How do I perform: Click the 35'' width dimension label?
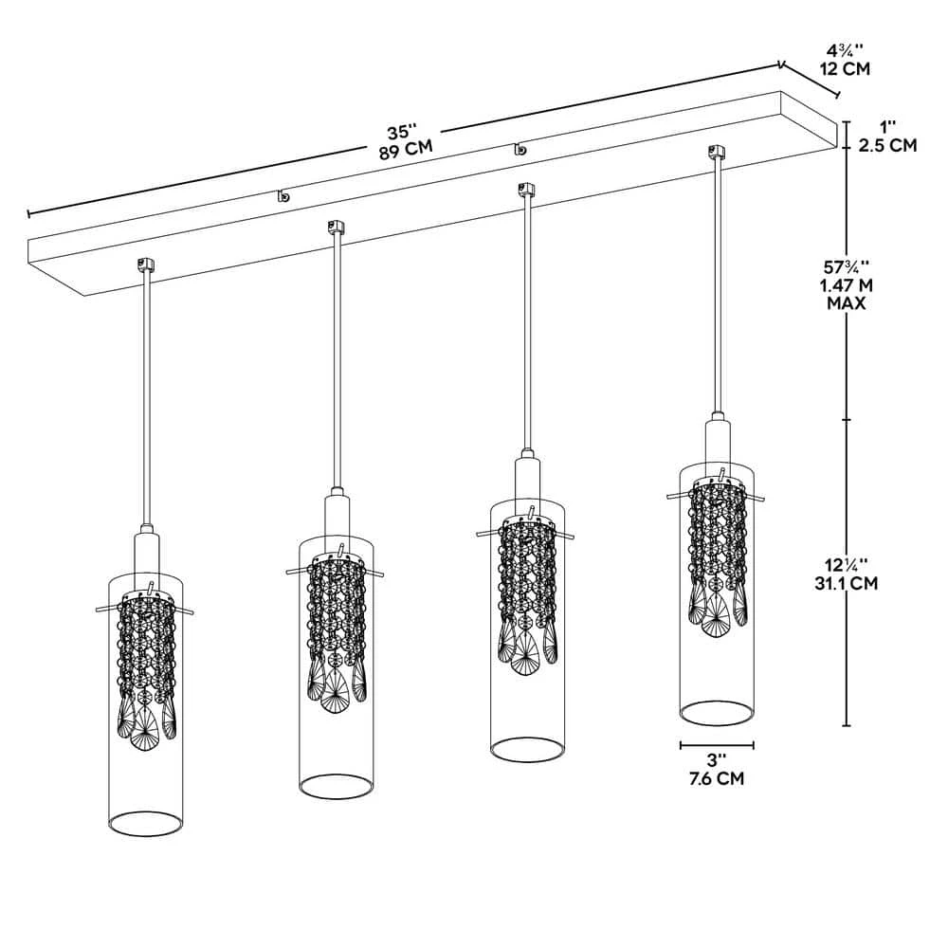point(402,131)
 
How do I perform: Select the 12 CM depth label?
point(845,68)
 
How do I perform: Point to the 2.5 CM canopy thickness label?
point(887,145)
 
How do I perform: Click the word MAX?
point(847,303)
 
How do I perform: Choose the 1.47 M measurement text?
point(847,284)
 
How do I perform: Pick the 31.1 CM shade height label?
point(846,583)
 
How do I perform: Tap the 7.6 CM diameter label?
point(717,778)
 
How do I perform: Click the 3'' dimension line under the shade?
point(717,745)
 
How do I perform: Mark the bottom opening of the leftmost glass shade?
point(145,824)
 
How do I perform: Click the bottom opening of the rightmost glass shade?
point(717,712)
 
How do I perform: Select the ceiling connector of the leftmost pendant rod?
point(146,264)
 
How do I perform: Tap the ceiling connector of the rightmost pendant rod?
point(717,151)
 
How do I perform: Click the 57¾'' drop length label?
point(847,265)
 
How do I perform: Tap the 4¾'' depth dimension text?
point(846,49)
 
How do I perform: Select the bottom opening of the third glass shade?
point(527,750)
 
